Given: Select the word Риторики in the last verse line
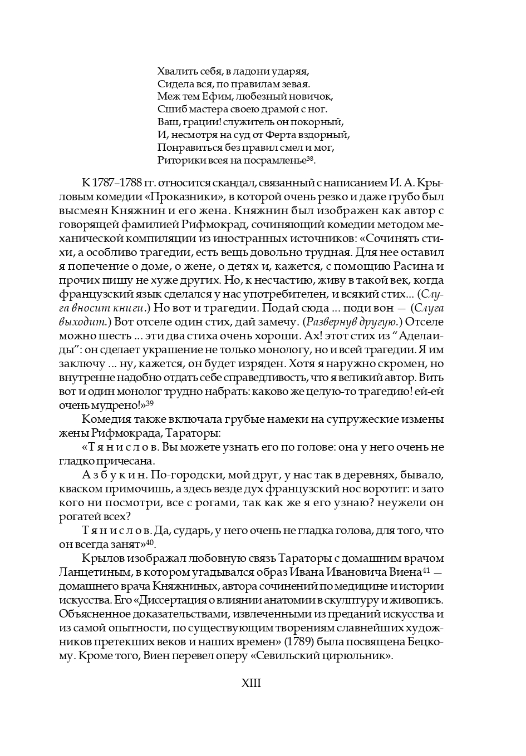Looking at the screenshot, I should (179, 161).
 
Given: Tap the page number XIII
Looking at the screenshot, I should (251, 683).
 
